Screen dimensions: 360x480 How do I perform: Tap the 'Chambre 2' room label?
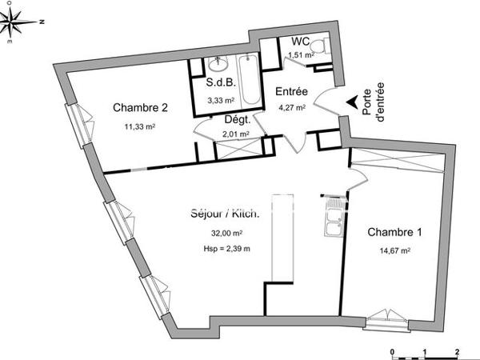pyautogui.click(x=139, y=108)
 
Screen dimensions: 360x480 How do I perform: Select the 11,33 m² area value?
pyautogui.click(x=139, y=126)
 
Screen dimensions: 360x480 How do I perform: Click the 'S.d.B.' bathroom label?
pyautogui.click(x=219, y=83)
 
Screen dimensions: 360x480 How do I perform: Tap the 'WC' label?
pyautogui.click(x=300, y=42)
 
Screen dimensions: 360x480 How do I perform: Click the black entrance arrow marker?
pyautogui.click(x=352, y=102)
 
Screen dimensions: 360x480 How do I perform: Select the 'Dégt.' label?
pyautogui.click(x=238, y=120)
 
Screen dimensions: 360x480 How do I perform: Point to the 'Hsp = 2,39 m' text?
pyautogui.click(x=227, y=249)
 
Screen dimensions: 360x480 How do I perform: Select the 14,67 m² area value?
pyautogui.click(x=394, y=250)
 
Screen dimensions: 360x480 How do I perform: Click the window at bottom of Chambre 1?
pyautogui.click(x=388, y=318)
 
